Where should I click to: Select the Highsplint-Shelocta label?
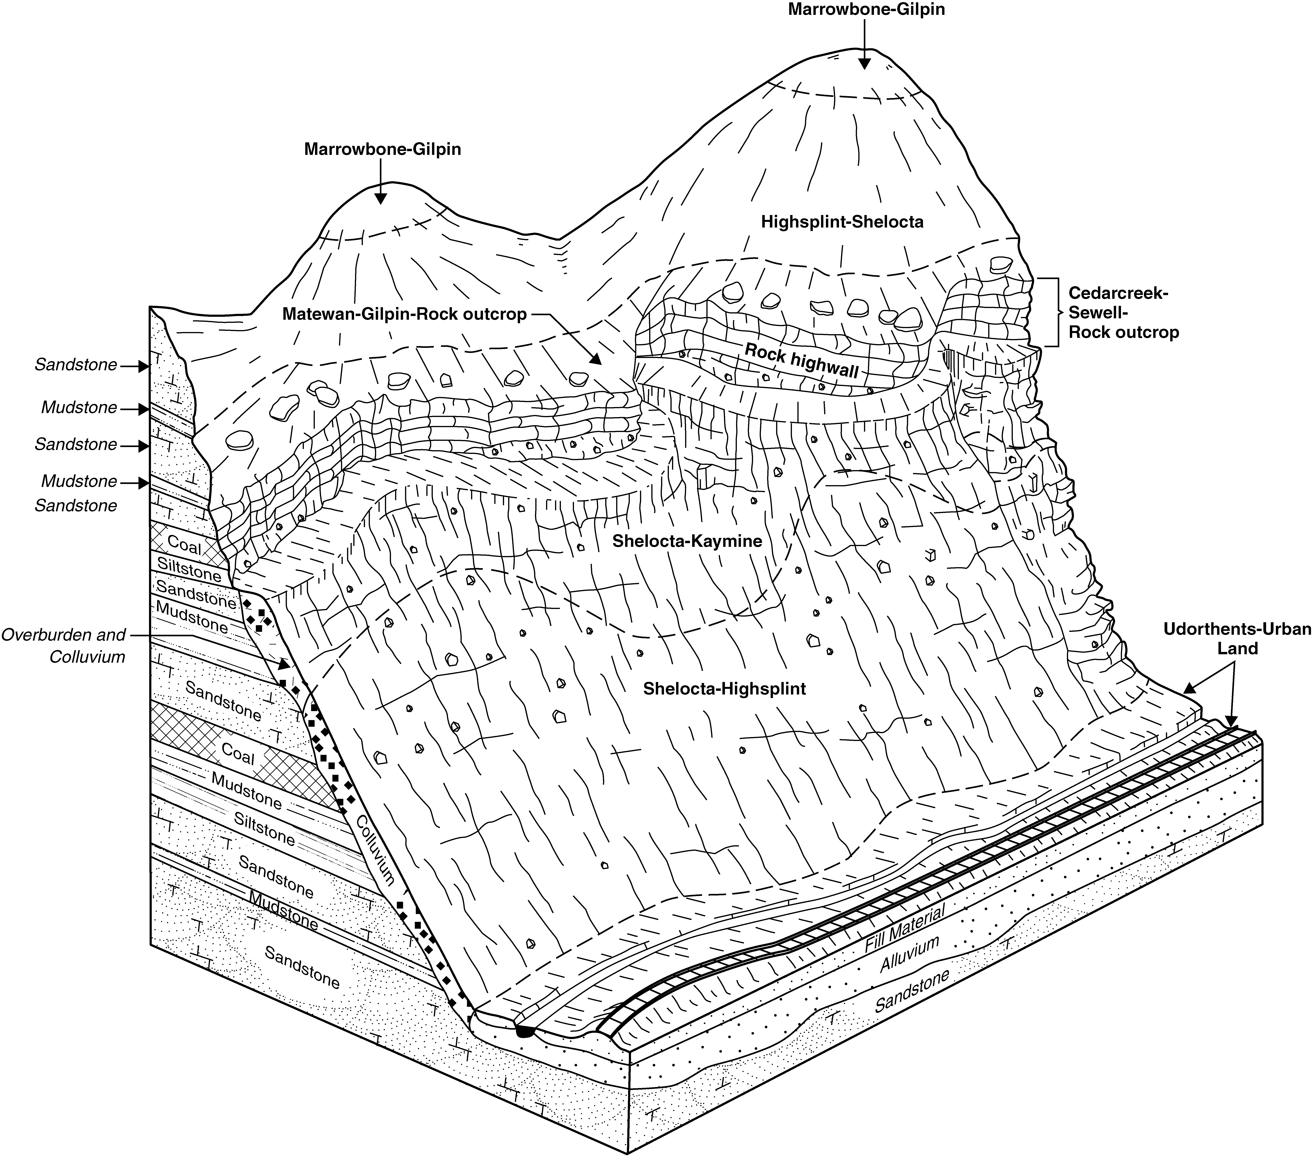point(842,222)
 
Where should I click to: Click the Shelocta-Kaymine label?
point(687,541)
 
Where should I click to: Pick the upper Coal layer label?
point(185,546)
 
